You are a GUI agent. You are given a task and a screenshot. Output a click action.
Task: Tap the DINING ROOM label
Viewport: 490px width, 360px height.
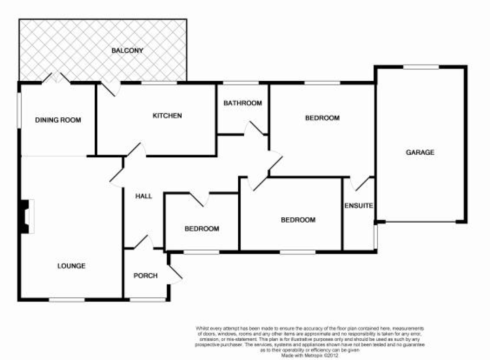pyautogui.click(x=58, y=120)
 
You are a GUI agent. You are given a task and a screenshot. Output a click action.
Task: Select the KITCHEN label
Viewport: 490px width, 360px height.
pyautogui.click(x=167, y=116)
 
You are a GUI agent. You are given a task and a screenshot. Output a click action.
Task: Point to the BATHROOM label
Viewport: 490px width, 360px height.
pyautogui.click(x=243, y=103)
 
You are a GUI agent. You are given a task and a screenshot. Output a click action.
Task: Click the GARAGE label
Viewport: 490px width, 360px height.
pyautogui.click(x=420, y=152)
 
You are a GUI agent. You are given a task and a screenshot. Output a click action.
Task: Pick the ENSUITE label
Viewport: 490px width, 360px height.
pyautogui.click(x=359, y=206)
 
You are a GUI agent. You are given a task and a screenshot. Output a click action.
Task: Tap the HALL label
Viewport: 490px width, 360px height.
pyautogui.click(x=144, y=196)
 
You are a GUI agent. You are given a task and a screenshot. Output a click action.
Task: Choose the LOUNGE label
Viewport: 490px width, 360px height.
pyautogui.click(x=71, y=266)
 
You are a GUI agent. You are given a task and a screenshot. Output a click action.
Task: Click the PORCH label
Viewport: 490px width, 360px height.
pyautogui.click(x=145, y=276)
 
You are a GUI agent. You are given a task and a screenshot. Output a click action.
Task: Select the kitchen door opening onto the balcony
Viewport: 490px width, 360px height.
pyautogui.click(x=109, y=88)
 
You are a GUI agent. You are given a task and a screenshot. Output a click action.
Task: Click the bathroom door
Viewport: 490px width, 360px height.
pyautogui.click(x=254, y=129)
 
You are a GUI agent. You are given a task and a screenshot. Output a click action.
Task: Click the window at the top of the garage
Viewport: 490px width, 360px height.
pyautogui.click(x=421, y=67)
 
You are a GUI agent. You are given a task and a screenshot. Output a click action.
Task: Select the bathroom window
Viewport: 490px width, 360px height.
pyautogui.click(x=241, y=83)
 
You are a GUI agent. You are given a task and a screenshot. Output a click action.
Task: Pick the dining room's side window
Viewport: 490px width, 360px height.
pyautogui.click(x=18, y=110)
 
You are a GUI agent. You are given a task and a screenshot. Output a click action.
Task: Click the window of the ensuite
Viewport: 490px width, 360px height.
pyautogui.click(x=376, y=236)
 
